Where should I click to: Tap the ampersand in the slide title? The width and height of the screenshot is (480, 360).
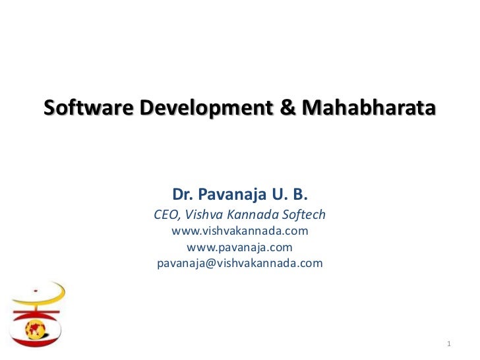[x=289, y=107]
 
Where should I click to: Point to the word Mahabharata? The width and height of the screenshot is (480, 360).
[x=369, y=107]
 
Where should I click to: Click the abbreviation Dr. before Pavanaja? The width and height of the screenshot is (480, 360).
[x=183, y=195]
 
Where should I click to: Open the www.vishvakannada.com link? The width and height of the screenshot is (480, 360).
[x=240, y=231]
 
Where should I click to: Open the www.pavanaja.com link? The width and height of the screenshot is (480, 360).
[x=240, y=248]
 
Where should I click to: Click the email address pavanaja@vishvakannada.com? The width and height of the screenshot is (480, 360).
[x=240, y=264]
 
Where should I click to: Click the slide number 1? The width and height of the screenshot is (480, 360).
[x=448, y=344]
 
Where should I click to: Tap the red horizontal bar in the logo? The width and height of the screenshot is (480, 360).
[x=36, y=311]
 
